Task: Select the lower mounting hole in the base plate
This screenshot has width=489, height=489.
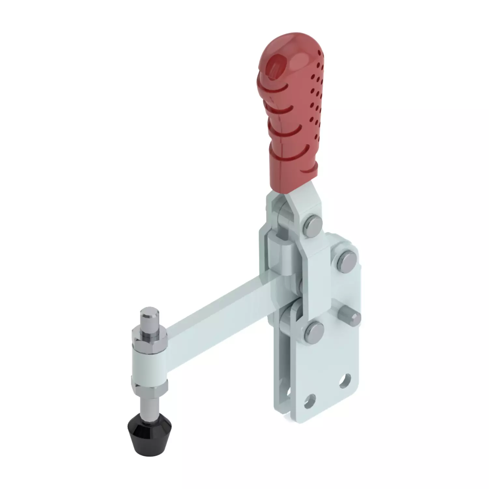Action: tap(310, 400)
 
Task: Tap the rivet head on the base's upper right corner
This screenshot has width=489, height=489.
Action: tap(346, 260)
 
